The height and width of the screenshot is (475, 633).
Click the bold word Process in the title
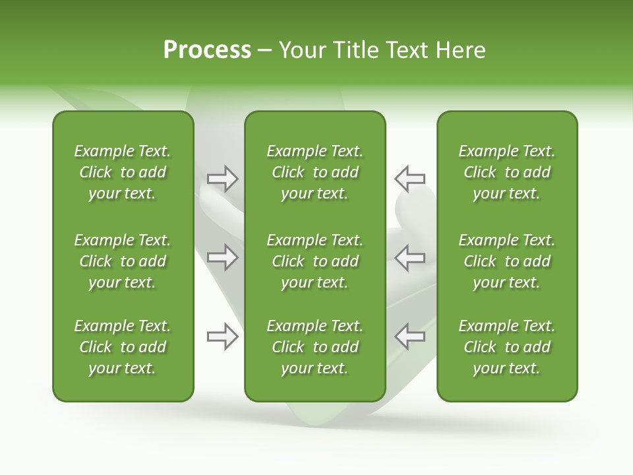click(207, 49)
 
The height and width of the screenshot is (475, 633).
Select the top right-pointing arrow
click(223, 179)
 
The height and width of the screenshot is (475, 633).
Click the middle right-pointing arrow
click(223, 257)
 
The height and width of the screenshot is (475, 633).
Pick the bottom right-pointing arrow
click(223, 336)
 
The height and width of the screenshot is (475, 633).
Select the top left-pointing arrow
click(409, 179)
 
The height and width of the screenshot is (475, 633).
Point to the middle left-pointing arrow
click(409, 257)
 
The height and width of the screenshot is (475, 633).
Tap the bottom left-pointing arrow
click(409, 336)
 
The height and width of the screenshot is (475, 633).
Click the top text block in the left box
click(123, 172)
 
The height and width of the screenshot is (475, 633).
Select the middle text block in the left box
click(123, 261)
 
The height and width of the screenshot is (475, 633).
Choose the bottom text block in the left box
click(123, 347)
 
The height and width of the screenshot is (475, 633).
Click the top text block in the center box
click(315, 172)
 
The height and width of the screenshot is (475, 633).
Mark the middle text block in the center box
click(315, 261)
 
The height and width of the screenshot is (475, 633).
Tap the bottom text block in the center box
click(315, 347)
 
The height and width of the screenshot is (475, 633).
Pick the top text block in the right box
click(506, 172)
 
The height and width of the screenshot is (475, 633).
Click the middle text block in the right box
click(506, 261)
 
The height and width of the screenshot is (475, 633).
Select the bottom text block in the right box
click(506, 347)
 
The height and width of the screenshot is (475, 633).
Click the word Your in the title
click(302, 50)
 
